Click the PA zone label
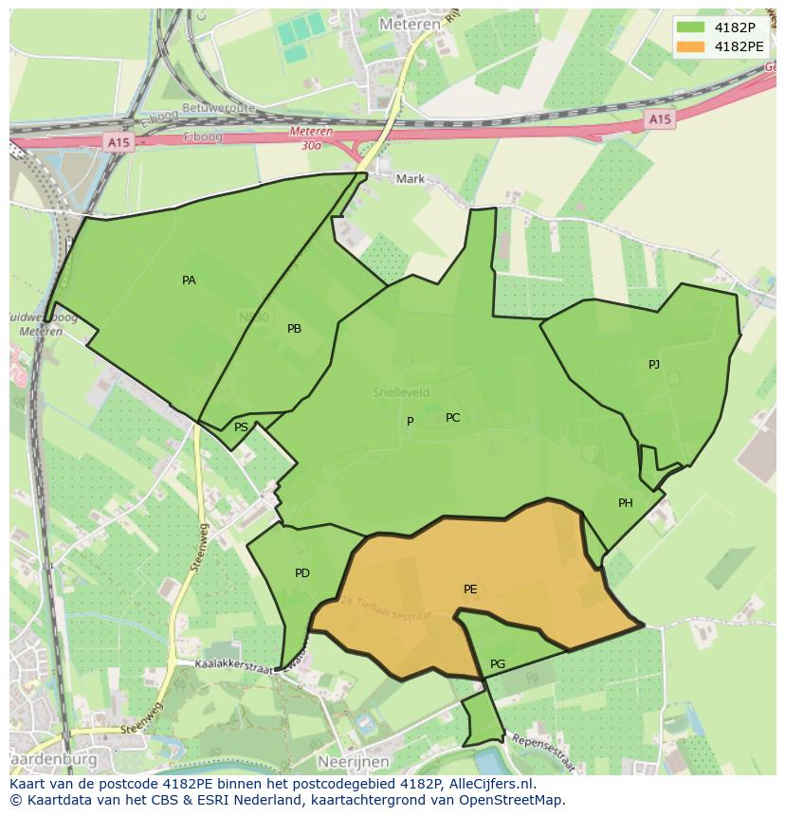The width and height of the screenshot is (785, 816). [x=189, y=281]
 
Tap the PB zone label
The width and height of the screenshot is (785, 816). [x=294, y=329]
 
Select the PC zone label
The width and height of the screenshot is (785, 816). [x=452, y=418]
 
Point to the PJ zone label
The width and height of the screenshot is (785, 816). [x=654, y=365]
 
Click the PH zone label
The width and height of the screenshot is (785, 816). [x=626, y=503]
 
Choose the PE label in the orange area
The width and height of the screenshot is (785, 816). [x=470, y=589]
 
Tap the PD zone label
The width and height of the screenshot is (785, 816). [x=302, y=573]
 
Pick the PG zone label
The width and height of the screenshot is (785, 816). [x=498, y=663]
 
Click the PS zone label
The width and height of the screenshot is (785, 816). [x=241, y=427]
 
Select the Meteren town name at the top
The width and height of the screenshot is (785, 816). [x=410, y=24]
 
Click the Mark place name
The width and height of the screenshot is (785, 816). [x=411, y=178]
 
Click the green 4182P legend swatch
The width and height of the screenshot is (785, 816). [x=691, y=27]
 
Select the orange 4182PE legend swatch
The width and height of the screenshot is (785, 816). [x=691, y=45]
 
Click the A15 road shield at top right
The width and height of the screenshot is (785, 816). [x=660, y=119]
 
